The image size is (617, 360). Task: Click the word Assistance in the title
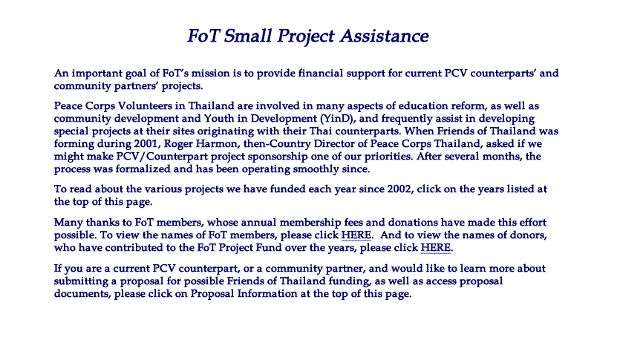point(385,36)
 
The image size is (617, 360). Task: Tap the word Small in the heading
point(247,36)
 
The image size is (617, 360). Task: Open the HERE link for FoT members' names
point(356,235)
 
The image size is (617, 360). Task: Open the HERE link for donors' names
point(436,248)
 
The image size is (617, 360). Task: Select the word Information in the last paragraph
point(267,293)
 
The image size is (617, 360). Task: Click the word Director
point(333,143)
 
